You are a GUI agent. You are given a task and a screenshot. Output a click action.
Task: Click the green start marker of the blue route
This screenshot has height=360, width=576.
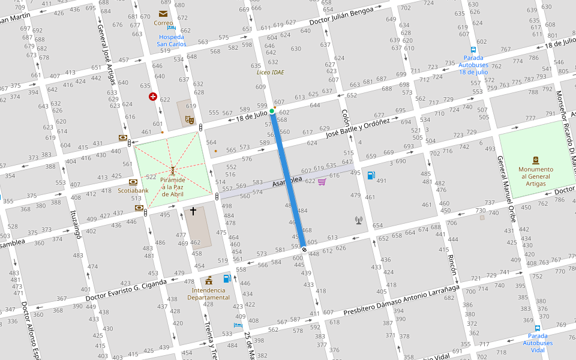(x=272, y=111)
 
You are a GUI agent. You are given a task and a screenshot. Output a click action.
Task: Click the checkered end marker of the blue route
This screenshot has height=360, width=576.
(x=304, y=250)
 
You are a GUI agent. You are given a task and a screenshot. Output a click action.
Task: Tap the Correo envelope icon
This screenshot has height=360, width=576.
(x=163, y=13)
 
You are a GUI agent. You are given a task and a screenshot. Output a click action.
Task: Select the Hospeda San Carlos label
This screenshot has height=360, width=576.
(x=172, y=40)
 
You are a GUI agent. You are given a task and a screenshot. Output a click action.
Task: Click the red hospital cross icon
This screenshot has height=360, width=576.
(x=153, y=97)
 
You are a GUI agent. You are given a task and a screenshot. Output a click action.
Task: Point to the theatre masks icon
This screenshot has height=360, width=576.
(x=189, y=119)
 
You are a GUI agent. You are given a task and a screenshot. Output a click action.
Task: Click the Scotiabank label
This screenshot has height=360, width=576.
(x=133, y=190)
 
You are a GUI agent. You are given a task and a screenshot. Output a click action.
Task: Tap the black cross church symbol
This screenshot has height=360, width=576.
(x=193, y=211)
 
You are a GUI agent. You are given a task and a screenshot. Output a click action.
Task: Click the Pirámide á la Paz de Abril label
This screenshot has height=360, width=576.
(x=172, y=187)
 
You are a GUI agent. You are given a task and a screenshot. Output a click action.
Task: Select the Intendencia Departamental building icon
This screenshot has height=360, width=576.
(x=209, y=280)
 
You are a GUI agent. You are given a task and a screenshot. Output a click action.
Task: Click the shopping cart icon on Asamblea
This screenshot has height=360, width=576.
(x=322, y=181)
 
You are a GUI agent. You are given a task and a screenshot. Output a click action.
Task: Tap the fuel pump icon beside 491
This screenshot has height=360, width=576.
(x=371, y=175)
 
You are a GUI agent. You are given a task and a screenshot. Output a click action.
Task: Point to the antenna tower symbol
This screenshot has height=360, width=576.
(x=359, y=220)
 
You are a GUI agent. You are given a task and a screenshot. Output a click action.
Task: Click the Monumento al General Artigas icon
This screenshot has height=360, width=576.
(x=536, y=160)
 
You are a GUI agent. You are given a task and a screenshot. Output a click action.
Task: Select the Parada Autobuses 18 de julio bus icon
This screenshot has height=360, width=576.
(x=473, y=50)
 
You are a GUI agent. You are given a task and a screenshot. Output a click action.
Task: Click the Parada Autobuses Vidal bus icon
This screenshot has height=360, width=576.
(x=537, y=328)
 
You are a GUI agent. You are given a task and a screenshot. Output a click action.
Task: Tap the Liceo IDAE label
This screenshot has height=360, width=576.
(x=270, y=72)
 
